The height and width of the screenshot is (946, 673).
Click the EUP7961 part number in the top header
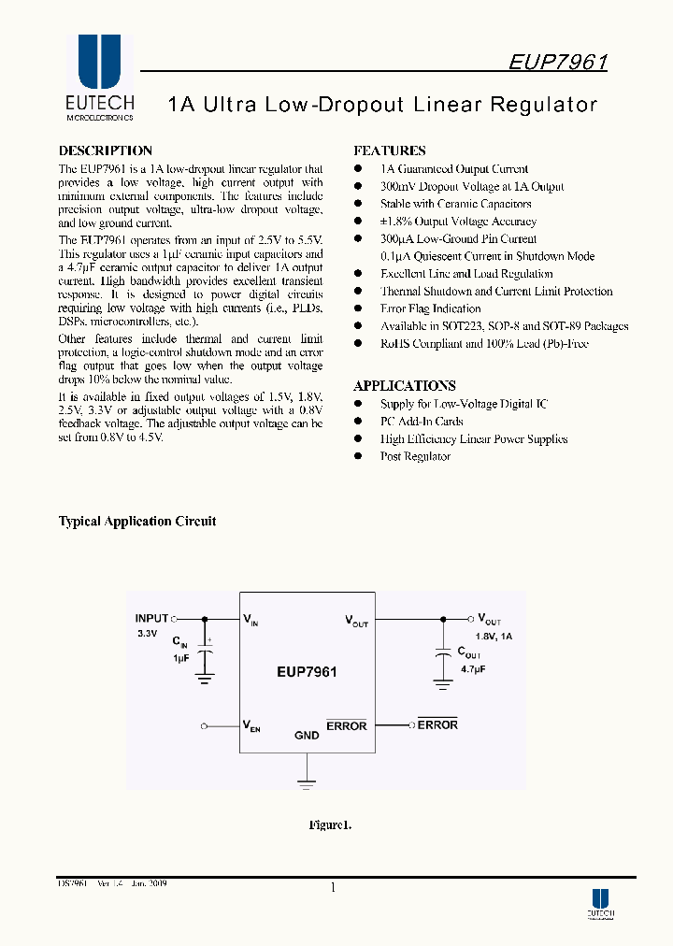click(558, 63)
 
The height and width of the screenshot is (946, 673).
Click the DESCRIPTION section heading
click(106, 150)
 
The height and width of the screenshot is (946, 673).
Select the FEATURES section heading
click(390, 150)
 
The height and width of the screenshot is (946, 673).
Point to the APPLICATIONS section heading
click(405, 385)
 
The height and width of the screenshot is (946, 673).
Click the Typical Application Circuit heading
click(137, 521)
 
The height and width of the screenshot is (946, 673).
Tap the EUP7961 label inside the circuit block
click(307, 671)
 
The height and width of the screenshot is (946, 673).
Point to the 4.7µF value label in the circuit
click(471, 670)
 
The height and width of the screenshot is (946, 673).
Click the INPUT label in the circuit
click(151, 618)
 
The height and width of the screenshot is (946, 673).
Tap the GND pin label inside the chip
click(307, 736)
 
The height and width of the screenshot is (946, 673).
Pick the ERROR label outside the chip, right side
click(437, 724)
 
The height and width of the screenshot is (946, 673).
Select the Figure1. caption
click(330, 824)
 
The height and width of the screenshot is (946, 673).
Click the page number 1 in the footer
click(333, 888)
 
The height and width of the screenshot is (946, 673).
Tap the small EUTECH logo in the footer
click(600, 901)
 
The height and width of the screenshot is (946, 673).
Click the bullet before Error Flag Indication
click(358, 308)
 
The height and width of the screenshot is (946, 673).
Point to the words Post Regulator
click(415, 456)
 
